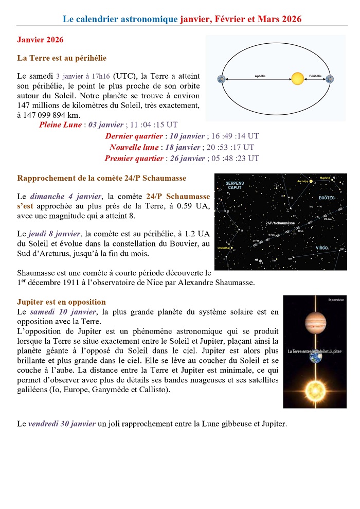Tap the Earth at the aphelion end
[x=221, y=79]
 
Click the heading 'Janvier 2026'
[x=40, y=40]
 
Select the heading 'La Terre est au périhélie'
[x=62, y=58]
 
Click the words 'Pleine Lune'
[x=60, y=125]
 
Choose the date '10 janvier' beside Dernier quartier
[x=187, y=136]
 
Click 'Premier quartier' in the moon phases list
[x=134, y=159]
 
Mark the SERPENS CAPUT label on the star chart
[x=235, y=185]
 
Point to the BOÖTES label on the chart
[x=327, y=198]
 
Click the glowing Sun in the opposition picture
[x=315, y=389]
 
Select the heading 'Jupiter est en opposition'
[x=61, y=302]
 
